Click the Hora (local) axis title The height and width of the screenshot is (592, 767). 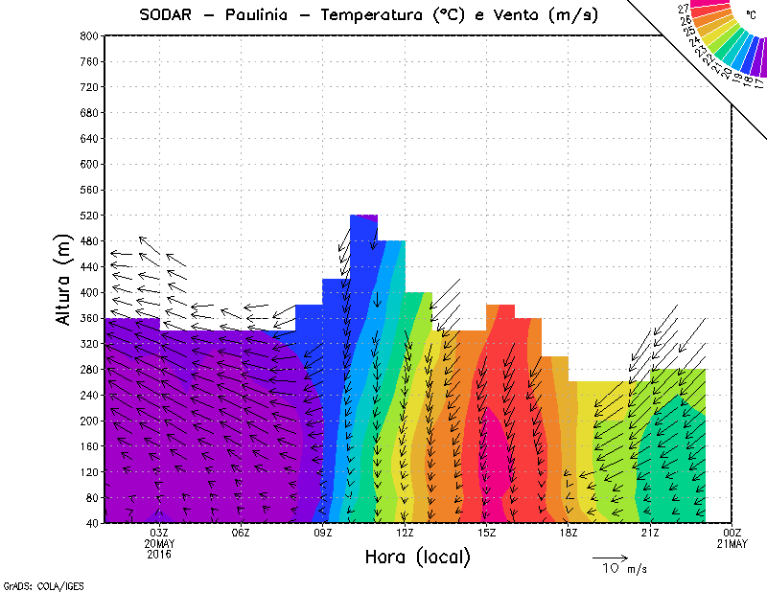[x=417, y=557]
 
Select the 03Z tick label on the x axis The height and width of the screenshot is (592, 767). [x=159, y=533]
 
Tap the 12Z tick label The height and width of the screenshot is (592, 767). [x=405, y=533]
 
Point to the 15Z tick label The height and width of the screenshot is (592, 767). [x=487, y=533]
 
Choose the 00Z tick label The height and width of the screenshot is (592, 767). [x=732, y=533]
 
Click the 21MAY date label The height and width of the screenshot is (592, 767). [x=732, y=543]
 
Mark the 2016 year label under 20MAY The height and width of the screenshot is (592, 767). [x=159, y=554]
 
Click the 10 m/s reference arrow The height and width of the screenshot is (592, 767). [x=609, y=557]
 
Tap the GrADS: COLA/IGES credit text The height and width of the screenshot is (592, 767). [x=36, y=583]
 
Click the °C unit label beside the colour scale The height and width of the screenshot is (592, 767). [x=751, y=15]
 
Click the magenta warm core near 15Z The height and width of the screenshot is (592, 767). [x=495, y=450]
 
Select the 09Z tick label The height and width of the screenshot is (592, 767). [x=323, y=533]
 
